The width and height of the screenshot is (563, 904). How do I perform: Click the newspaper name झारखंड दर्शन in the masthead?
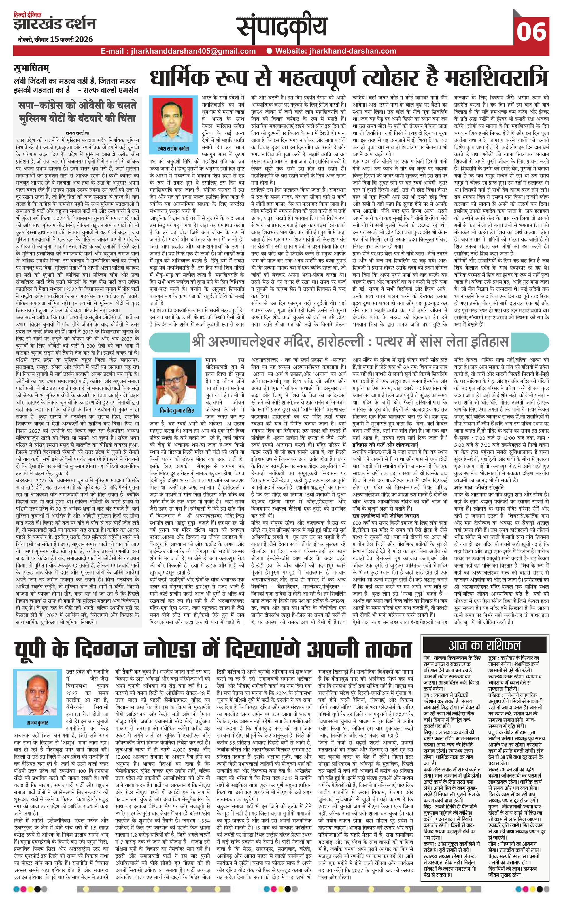(54, 25)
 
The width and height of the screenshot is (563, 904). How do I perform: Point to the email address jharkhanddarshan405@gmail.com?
(178, 51)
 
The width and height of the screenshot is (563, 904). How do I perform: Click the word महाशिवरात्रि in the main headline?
(497, 77)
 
